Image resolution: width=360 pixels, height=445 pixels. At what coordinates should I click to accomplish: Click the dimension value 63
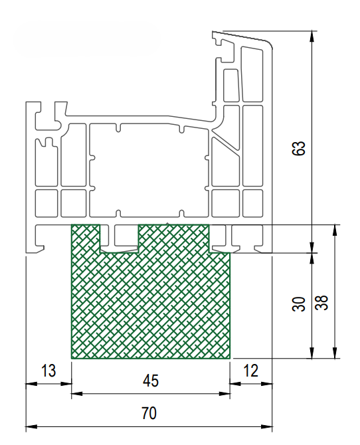tap(298, 148)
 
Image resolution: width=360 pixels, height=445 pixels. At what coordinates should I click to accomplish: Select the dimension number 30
tap(298, 304)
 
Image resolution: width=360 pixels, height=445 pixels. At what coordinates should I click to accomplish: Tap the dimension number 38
tap(321, 302)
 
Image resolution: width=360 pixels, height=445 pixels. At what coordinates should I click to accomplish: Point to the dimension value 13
tap(48, 371)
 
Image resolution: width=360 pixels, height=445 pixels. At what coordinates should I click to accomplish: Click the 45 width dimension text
tap(151, 381)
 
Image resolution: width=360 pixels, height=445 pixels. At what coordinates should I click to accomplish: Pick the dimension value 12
tap(251, 371)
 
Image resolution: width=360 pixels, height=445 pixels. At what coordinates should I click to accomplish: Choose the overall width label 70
tap(149, 413)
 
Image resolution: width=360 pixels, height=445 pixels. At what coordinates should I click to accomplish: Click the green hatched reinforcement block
tap(151, 305)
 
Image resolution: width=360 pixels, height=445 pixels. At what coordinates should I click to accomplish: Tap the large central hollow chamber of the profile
tap(149, 170)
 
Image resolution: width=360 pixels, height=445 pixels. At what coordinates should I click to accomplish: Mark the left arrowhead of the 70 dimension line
tap(31, 426)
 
